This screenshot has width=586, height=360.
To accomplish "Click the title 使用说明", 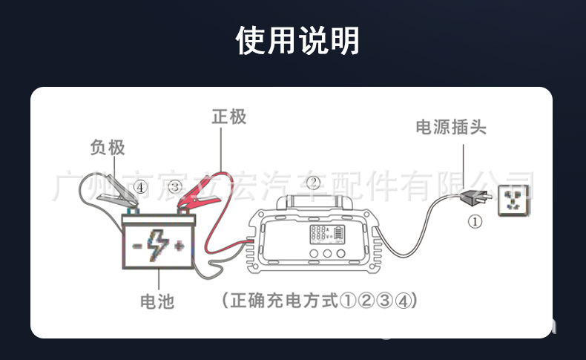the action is [297, 40].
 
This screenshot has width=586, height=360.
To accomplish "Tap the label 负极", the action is [108, 148].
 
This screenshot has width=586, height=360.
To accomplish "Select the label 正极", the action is [228, 117].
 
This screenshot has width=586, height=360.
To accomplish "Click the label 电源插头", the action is [450, 128].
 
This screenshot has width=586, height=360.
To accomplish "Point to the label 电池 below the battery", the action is [157, 301].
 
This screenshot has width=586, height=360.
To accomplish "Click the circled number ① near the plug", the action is [475, 221].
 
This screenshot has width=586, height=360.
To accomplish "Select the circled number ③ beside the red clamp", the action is [174, 187].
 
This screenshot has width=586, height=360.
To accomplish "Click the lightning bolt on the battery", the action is [157, 242].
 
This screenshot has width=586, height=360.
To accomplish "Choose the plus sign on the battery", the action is [179, 246].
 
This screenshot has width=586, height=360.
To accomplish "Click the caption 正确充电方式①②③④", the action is [319, 301].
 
